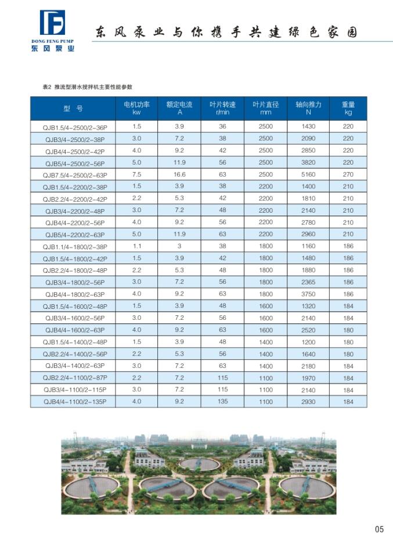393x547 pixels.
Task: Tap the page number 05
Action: point(379,528)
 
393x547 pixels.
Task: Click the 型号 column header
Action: point(73,108)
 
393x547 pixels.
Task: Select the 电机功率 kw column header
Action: point(137,108)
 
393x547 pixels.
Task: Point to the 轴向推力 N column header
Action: point(308,108)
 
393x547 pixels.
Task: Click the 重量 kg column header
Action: point(348,108)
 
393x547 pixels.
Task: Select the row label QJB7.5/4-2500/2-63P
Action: point(73,174)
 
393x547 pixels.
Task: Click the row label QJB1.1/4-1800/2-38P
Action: point(73,247)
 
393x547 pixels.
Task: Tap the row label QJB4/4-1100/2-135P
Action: point(73,402)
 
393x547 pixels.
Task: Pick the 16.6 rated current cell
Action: point(179,174)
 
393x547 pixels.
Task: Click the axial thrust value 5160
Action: point(308,174)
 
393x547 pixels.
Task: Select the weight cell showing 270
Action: point(348,174)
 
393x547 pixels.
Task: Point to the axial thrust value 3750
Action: point(308,294)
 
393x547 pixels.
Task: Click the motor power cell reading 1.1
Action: point(137,246)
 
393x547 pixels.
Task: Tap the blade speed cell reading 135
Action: point(222,401)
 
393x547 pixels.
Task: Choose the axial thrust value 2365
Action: point(308,282)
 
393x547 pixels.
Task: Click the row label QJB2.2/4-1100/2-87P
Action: point(73,378)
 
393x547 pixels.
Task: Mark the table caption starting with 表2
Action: point(88,86)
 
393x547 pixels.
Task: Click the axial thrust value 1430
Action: point(308,126)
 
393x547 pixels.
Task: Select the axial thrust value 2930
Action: point(308,401)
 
